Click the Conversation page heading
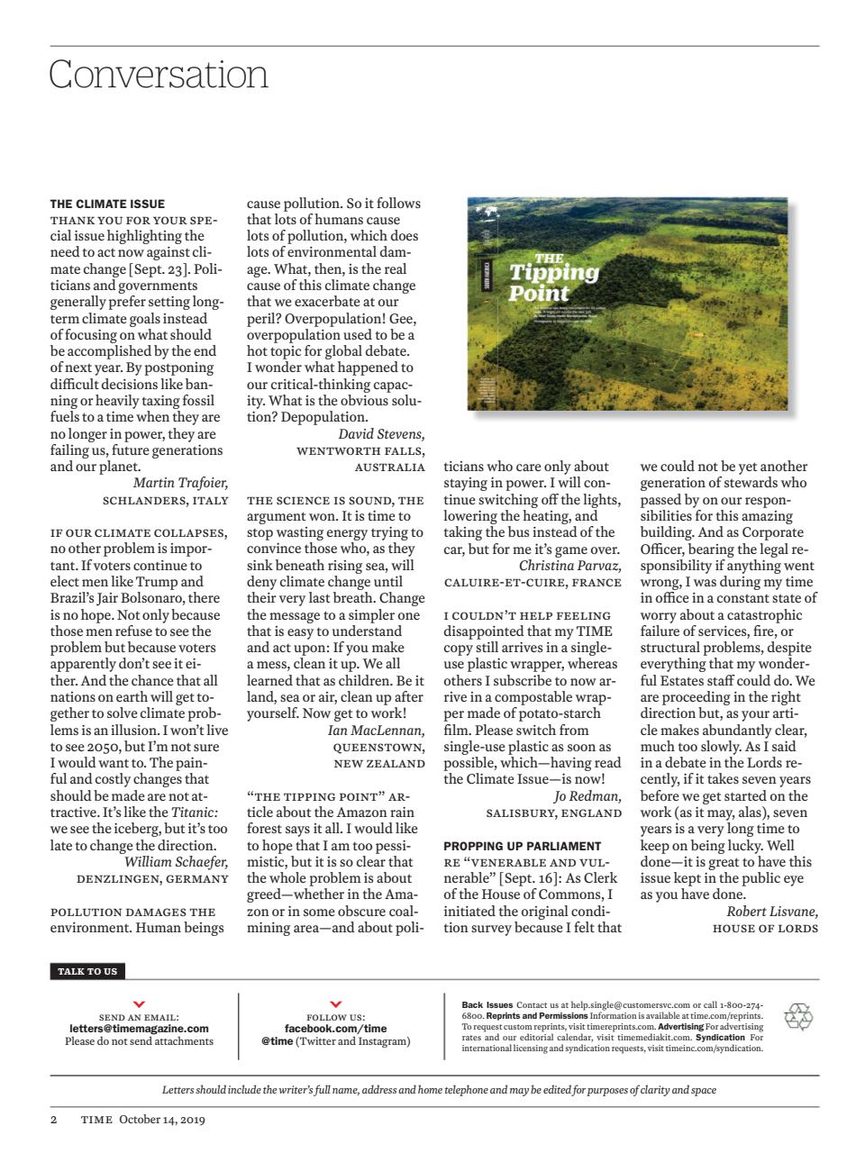pyautogui.click(x=159, y=74)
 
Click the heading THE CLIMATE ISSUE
pyautogui.click(x=107, y=204)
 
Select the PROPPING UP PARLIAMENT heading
pyautogui.click(x=522, y=846)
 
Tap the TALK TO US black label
pyautogui.click(x=87, y=971)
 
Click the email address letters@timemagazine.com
pyautogui.click(x=139, y=1028)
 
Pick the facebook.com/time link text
pyautogui.click(x=335, y=1028)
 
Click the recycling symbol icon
pyautogui.click(x=798, y=1017)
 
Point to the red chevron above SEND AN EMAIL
pyautogui.click(x=139, y=1003)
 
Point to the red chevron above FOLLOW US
pyautogui.click(x=335, y=1003)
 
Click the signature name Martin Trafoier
pyautogui.click(x=180, y=483)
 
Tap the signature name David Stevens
pyautogui.click(x=381, y=434)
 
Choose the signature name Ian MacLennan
pyautogui.click(x=376, y=730)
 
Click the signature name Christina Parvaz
pyautogui.click(x=569, y=566)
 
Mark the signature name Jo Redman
pyautogui.click(x=587, y=795)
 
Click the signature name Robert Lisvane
pyautogui.click(x=771, y=911)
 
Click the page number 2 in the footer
pyautogui.click(x=54, y=1120)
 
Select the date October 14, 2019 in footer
pyautogui.click(x=162, y=1120)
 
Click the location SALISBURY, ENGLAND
pyautogui.click(x=553, y=813)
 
